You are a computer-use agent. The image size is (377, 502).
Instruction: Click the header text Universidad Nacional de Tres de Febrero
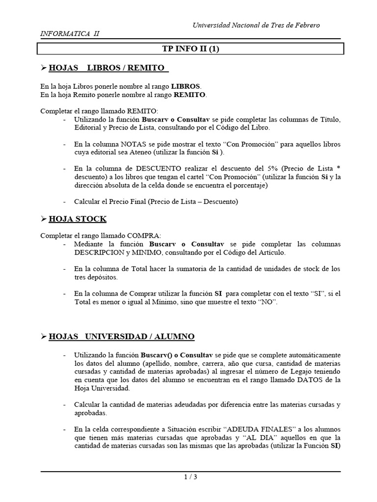(263, 25)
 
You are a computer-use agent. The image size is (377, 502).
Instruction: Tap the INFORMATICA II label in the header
(69, 33)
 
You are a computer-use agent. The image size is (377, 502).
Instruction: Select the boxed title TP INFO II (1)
(191, 49)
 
